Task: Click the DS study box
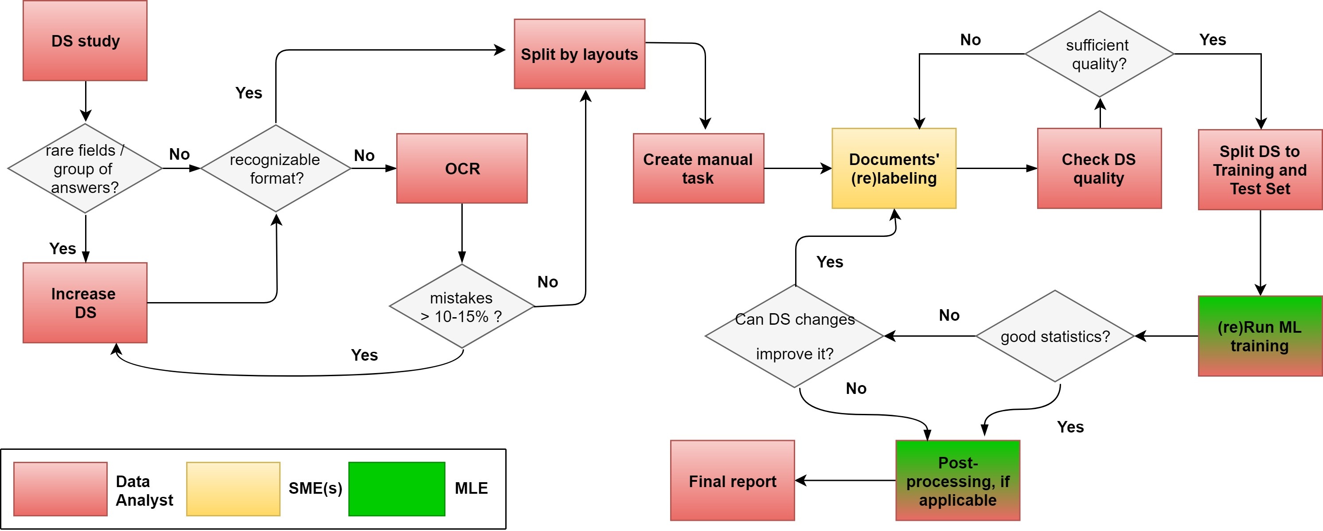[85, 41]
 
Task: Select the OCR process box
[462, 169]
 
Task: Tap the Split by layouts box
[579, 54]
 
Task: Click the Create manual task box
[699, 169]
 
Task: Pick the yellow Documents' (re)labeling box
[894, 169]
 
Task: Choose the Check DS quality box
[1100, 169]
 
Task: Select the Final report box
[732, 480]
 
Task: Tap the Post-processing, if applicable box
[958, 480]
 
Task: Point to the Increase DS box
[85, 303]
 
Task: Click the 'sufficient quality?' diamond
[1100, 54]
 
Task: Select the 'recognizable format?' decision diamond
[276, 169]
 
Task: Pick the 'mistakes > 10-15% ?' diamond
[462, 307]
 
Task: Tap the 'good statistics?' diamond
[1055, 336]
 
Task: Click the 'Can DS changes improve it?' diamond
[795, 336]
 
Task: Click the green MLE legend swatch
[397, 489]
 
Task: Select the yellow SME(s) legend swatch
[233, 489]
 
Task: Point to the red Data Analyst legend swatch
[61, 489]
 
